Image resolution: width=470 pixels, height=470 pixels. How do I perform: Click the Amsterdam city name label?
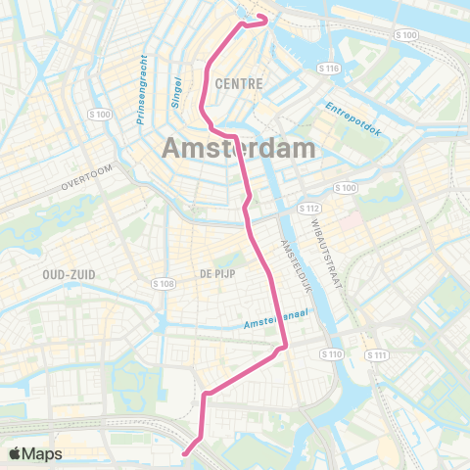pos(239,148)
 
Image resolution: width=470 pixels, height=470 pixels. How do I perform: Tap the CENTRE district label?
pos(242,84)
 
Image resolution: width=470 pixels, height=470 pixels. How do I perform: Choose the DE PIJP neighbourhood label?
pos(219,272)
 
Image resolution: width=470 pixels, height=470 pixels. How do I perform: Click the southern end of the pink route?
pos(185,453)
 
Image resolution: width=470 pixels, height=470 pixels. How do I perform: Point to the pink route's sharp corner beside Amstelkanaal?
pos(284,346)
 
